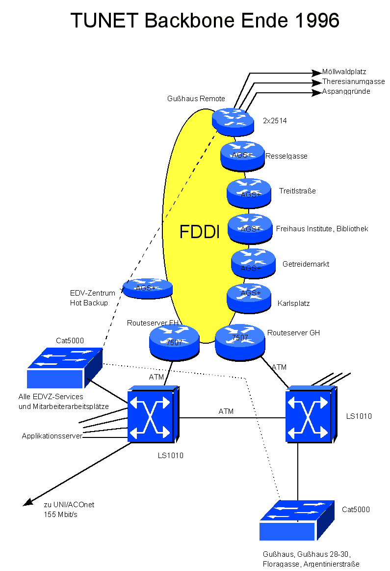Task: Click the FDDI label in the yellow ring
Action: click(200, 232)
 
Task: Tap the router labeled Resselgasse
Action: click(242, 154)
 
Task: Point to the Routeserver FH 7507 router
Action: click(174, 341)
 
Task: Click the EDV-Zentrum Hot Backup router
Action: click(147, 288)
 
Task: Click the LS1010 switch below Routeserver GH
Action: click(310, 415)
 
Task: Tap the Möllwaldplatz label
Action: click(344, 72)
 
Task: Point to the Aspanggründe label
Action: click(346, 91)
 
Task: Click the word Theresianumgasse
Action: click(353, 82)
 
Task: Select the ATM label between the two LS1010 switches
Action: click(226, 411)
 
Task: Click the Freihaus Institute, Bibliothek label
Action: click(322, 229)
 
